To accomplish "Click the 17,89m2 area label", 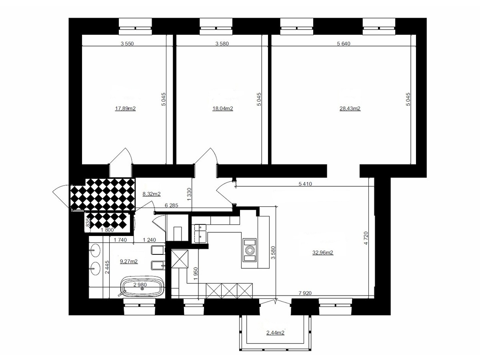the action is pyautogui.click(x=125, y=108).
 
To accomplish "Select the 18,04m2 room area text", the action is pyautogui.click(x=223, y=108).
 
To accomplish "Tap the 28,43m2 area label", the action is pyautogui.click(x=350, y=108).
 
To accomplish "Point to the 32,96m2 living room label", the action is pyautogui.click(x=323, y=253).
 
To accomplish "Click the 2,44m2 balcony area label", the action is pyautogui.click(x=275, y=333).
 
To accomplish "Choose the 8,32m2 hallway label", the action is pyautogui.click(x=152, y=194).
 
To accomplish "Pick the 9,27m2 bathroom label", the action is pyautogui.click(x=129, y=262).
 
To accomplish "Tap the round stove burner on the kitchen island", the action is pyautogui.click(x=250, y=250).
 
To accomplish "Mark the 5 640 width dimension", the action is pyautogui.click(x=344, y=44).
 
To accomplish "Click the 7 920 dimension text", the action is pyautogui.click(x=305, y=293).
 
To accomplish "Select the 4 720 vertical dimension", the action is pyautogui.click(x=366, y=238).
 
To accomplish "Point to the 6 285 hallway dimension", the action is pyautogui.click(x=172, y=205).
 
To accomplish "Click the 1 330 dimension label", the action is pyautogui.click(x=189, y=194).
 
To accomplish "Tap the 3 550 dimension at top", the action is pyautogui.click(x=127, y=44).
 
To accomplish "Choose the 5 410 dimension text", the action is pyautogui.click(x=305, y=184).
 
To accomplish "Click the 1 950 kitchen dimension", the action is pyautogui.click(x=196, y=274).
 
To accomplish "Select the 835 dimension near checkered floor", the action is pyautogui.click(x=88, y=222).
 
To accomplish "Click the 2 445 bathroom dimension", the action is pyautogui.click(x=107, y=267).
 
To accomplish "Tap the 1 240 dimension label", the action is pyautogui.click(x=149, y=240).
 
